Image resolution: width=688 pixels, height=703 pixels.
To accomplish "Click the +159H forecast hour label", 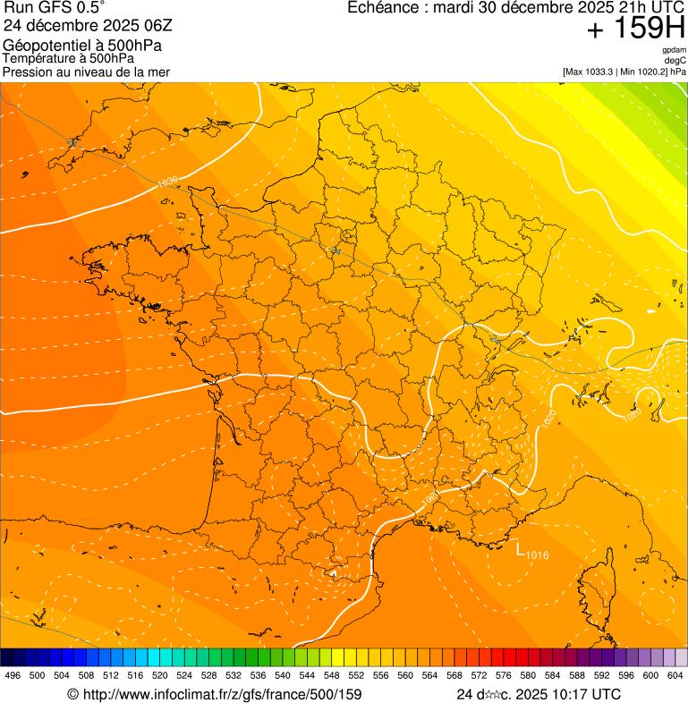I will click(635, 30).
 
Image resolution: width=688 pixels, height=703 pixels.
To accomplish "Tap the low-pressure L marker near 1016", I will click(520, 548).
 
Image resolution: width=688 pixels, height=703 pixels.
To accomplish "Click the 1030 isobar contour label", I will click(166, 182).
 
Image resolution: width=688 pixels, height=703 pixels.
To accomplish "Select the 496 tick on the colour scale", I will click(13, 675).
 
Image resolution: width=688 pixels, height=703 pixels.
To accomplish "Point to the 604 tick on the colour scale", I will click(675, 675).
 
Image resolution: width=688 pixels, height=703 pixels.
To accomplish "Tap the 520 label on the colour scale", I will click(160, 675).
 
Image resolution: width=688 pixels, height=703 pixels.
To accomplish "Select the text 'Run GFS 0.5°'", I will click(55, 7).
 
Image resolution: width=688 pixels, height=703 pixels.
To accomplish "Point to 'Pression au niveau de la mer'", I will click(86, 72).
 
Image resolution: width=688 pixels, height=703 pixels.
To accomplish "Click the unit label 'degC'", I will click(675, 61).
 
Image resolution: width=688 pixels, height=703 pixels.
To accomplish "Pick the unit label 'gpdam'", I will click(674, 50).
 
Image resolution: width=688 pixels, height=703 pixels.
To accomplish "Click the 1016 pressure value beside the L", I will click(537, 555).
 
